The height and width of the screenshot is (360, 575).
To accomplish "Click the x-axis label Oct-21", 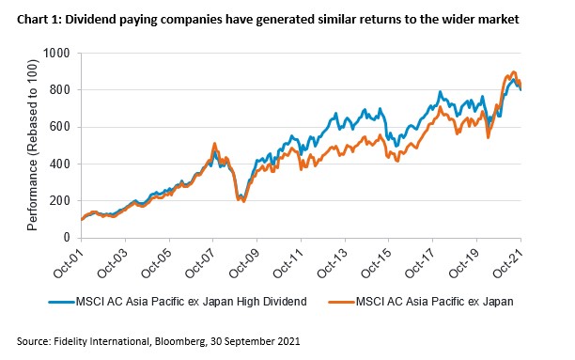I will coord(506,262).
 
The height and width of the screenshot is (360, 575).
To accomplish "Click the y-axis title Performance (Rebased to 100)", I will coord(35,145).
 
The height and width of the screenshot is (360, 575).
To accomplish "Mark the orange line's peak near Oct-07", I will coord(214,144).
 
